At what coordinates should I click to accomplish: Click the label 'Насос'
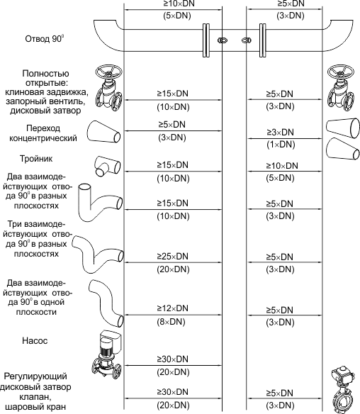pos(35,340)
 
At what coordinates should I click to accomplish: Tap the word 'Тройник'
pos(36,158)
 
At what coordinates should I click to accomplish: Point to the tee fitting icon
pos(108,166)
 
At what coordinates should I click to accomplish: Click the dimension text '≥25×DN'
pos(173,256)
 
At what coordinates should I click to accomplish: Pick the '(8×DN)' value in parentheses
pos(171,322)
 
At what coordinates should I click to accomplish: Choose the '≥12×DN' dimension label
pos(173,308)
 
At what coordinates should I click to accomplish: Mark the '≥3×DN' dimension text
pos(280,132)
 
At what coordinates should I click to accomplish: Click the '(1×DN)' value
pos(281,145)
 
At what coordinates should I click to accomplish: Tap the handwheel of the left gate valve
pos(108,72)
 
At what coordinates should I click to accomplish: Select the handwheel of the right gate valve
pos(341,72)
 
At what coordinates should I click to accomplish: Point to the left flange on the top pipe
pos(206,40)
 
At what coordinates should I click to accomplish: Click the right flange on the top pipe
pos(263,40)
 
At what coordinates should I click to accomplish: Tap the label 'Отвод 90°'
pos(45,39)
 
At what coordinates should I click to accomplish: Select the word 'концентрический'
pos(43,138)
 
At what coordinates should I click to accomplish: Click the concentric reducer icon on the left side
pos(104,132)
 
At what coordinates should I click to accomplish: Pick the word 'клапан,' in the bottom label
pos(35,396)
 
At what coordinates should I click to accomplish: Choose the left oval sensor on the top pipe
pos(223,40)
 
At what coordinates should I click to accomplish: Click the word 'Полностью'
pos(45,73)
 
